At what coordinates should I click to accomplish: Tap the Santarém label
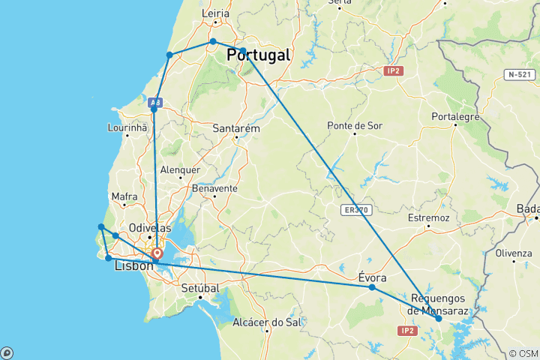click(236, 128)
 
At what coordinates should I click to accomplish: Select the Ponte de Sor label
click(355, 125)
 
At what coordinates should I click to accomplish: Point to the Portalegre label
click(455, 116)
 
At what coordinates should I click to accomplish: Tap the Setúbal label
click(200, 287)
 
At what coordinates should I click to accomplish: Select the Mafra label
click(124, 197)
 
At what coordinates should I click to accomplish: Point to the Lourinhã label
click(127, 128)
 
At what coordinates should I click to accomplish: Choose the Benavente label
click(214, 188)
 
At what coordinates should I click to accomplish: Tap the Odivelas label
click(150, 228)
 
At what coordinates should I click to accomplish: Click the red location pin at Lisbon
click(157, 254)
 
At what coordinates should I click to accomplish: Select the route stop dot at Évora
click(372, 287)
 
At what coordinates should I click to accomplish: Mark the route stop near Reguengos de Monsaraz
click(439, 319)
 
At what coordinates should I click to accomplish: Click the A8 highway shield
click(156, 102)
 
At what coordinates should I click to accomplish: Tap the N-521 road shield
click(520, 74)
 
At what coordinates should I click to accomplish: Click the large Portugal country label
click(258, 55)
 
